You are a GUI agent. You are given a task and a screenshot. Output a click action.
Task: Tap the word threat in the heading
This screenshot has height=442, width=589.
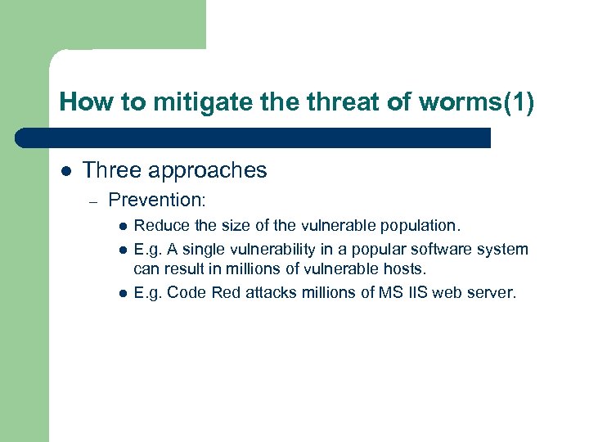(337, 102)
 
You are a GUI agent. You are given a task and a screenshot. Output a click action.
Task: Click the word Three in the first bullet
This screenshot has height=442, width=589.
(109, 170)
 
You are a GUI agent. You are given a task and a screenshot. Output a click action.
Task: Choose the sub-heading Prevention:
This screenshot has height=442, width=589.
(156, 200)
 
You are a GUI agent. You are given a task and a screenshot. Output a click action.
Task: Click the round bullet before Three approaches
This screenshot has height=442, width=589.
(66, 170)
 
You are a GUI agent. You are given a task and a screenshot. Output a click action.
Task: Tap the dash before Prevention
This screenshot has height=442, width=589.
(95, 201)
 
